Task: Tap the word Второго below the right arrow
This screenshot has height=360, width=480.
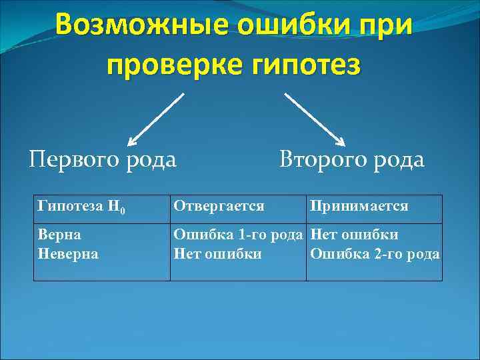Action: click(323, 160)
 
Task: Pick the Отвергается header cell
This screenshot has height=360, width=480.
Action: click(219, 207)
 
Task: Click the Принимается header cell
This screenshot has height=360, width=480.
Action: click(358, 207)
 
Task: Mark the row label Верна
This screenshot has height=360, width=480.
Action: click(60, 235)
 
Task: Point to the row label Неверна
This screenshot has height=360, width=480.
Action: click(69, 253)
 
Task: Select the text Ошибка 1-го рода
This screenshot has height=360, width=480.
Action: click(238, 235)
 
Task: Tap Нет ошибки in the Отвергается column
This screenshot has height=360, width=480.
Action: click(217, 253)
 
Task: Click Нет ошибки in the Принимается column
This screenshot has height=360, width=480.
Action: click(355, 235)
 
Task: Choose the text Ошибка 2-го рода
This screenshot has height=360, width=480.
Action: click(375, 253)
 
